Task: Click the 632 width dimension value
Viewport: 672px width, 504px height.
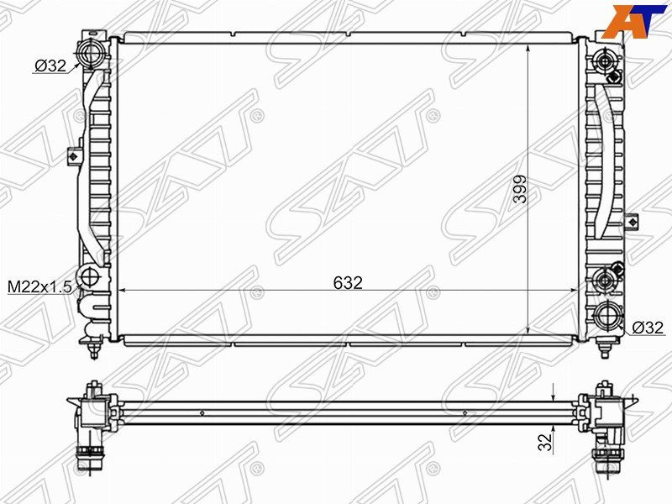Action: point(348,283)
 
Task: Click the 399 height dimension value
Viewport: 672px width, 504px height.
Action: point(520,189)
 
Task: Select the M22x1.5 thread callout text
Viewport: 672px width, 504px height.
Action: point(39,287)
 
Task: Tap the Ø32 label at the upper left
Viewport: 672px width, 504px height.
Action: point(50,66)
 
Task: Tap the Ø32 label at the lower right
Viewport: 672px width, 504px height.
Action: point(648,328)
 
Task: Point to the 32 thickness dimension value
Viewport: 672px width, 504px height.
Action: point(545,443)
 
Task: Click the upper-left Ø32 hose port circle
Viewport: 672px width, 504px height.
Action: point(91,53)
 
